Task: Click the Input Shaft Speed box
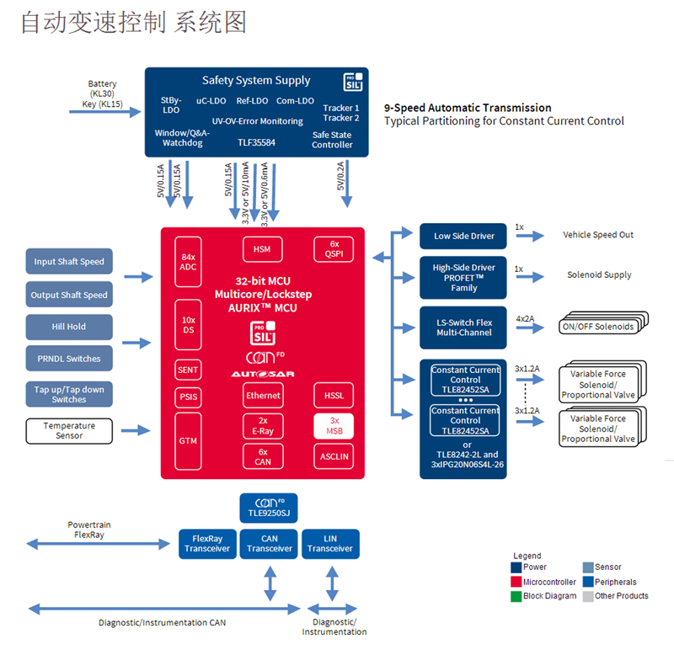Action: (x=69, y=262)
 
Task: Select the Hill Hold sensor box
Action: (x=69, y=327)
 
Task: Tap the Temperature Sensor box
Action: (x=69, y=431)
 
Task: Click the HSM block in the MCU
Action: (x=263, y=249)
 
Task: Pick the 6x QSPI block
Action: (x=334, y=249)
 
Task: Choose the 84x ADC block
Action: (x=188, y=263)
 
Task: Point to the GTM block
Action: (x=188, y=440)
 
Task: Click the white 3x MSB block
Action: (x=334, y=426)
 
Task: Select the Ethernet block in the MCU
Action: (x=263, y=395)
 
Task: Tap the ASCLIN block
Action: (x=334, y=456)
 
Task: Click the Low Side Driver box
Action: (x=463, y=236)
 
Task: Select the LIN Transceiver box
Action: (x=329, y=543)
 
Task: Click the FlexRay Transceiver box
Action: (x=206, y=543)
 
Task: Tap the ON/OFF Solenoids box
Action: (x=602, y=327)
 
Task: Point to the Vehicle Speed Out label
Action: (x=598, y=235)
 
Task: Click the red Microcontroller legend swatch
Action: (x=516, y=582)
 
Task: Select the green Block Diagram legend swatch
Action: (x=516, y=596)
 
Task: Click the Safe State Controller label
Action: (x=332, y=140)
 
